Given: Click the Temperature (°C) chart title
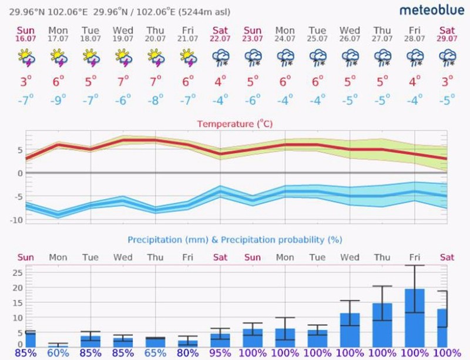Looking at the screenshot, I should (x=234, y=124).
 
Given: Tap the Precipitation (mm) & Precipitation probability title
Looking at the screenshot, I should (x=234, y=240).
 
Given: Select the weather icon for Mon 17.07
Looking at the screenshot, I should (x=58, y=56).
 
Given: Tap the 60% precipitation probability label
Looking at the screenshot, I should (x=58, y=354).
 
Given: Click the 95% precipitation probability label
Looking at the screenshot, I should (x=220, y=354).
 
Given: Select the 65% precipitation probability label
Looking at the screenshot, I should (x=156, y=354).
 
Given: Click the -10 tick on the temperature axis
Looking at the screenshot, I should (x=13, y=220).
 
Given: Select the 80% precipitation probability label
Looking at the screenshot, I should (x=188, y=354).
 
